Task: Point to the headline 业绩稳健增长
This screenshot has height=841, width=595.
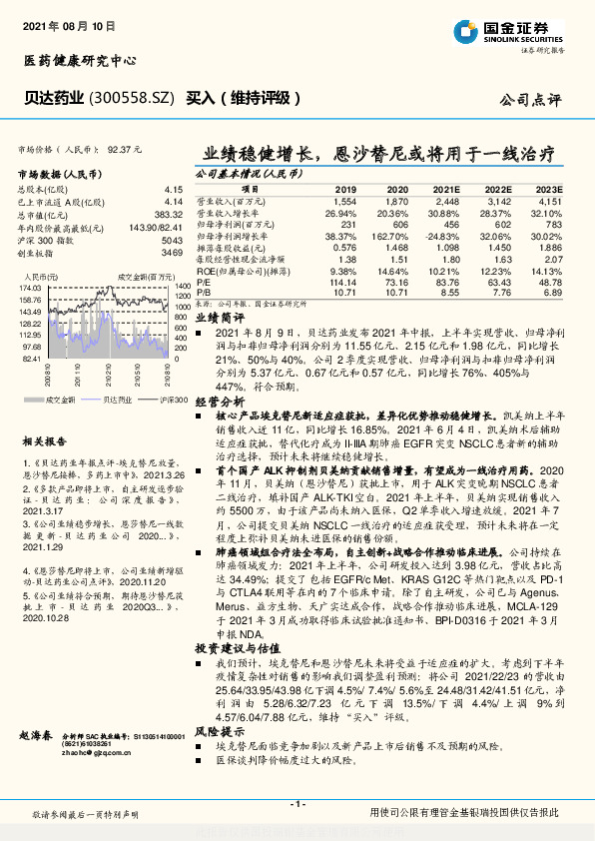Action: tap(262, 155)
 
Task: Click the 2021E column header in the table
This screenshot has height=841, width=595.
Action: tap(446, 188)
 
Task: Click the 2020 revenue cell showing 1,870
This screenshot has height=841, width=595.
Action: tap(397, 202)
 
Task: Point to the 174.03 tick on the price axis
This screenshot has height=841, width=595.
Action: tap(30, 287)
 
